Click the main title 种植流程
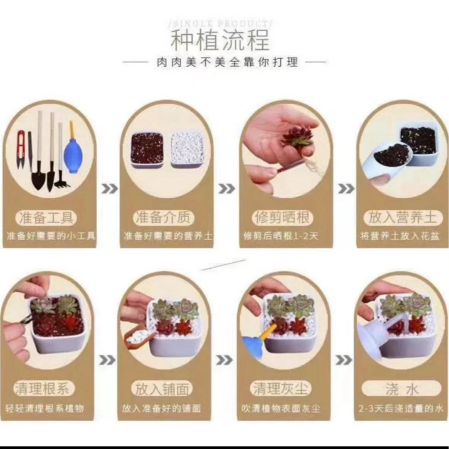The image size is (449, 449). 220,40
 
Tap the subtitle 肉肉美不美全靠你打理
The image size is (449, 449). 227,63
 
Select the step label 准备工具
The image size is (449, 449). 47,217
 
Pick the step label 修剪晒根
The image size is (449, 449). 283,217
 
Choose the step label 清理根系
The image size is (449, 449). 44,389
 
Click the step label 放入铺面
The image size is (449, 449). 162,389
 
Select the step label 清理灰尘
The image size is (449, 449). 281,389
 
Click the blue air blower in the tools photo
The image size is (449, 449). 73,154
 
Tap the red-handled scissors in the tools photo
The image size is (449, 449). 21,150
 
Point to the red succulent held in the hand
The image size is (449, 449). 299,137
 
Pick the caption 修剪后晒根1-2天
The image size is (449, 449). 281,236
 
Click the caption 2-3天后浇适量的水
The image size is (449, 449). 401,408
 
